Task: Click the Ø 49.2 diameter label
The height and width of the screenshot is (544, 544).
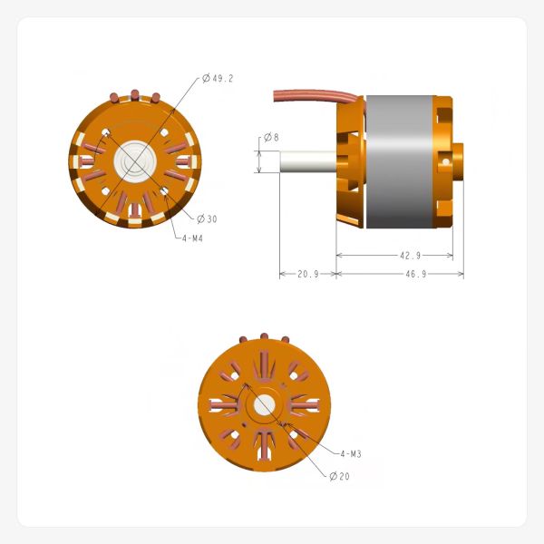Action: tap(219, 79)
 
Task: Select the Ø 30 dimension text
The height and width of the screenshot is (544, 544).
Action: tap(207, 219)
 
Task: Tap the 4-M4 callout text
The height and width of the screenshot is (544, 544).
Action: tap(191, 238)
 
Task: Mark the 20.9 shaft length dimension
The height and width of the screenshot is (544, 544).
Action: tap(307, 274)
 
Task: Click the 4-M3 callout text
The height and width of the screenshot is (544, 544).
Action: tap(352, 453)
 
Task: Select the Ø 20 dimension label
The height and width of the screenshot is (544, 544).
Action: tap(340, 476)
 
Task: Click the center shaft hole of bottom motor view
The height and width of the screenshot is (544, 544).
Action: tap(265, 405)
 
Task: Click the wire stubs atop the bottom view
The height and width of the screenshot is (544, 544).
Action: tap(265, 337)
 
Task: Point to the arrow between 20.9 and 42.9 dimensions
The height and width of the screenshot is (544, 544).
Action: tap(335, 273)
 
